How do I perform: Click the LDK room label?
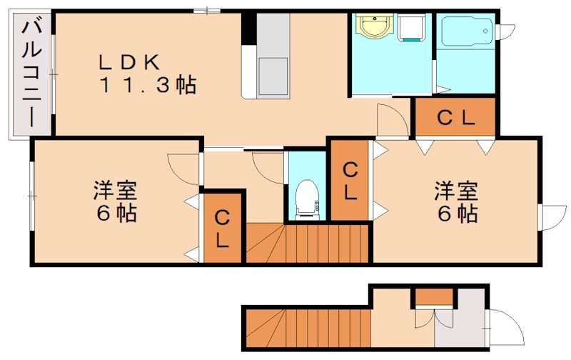pyautogui.click(x=128, y=62)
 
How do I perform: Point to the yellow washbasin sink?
pyautogui.click(x=372, y=29)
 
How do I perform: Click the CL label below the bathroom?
pyautogui.click(x=455, y=119)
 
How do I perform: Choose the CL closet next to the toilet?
pyautogui.click(x=349, y=181)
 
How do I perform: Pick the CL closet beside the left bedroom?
pyautogui.click(x=223, y=228)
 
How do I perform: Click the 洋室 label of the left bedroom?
pyautogui.click(x=114, y=191)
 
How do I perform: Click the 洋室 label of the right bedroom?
pyautogui.click(x=456, y=191)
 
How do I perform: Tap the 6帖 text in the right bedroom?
pyautogui.click(x=457, y=213)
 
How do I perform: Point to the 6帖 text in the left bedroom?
pyautogui.click(x=114, y=213)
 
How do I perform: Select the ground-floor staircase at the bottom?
pyautogui.click(x=307, y=328)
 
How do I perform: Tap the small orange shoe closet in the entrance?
pyautogui.click(x=434, y=296)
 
